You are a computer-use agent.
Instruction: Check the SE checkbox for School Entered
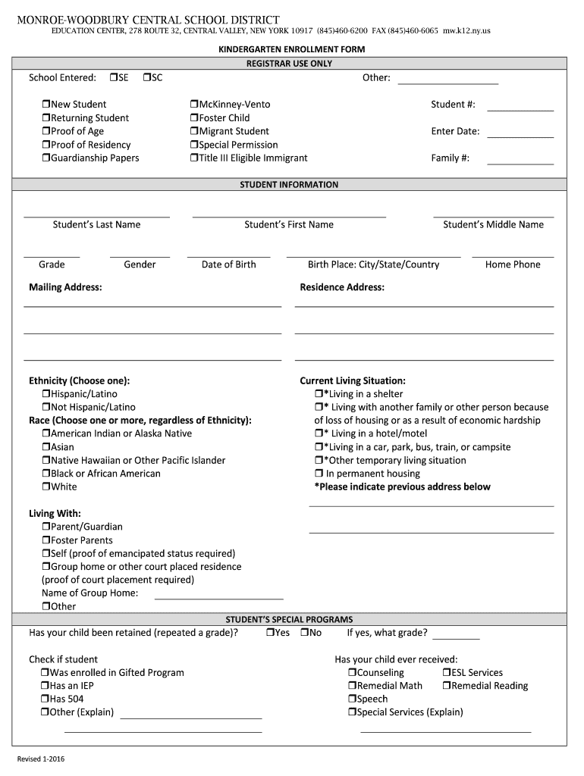click(x=113, y=77)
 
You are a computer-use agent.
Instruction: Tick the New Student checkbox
click(x=46, y=105)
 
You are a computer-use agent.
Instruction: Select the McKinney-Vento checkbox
click(x=193, y=105)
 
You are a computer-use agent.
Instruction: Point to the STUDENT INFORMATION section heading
click(x=289, y=185)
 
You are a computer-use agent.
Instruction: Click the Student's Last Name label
click(x=96, y=224)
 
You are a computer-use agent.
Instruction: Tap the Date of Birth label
click(x=228, y=264)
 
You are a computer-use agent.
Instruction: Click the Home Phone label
click(x=513, y=264)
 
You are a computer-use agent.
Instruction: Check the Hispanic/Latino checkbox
click(x=46, y=394)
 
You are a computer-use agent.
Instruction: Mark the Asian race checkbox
click(x=46, y=447)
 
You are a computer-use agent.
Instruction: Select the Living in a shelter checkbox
click(x=319, y=394)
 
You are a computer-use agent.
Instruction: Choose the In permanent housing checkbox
click(x=319, y=474)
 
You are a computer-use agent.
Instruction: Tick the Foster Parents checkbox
click(x=46, y=540)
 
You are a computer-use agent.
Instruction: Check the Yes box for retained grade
click(x=270, y=633)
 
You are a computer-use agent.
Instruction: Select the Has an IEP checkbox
click(x=44, y=686)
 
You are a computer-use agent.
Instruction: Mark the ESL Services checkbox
click(x=447, y=673)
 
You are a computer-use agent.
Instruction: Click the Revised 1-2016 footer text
click(x=42, y=759)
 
